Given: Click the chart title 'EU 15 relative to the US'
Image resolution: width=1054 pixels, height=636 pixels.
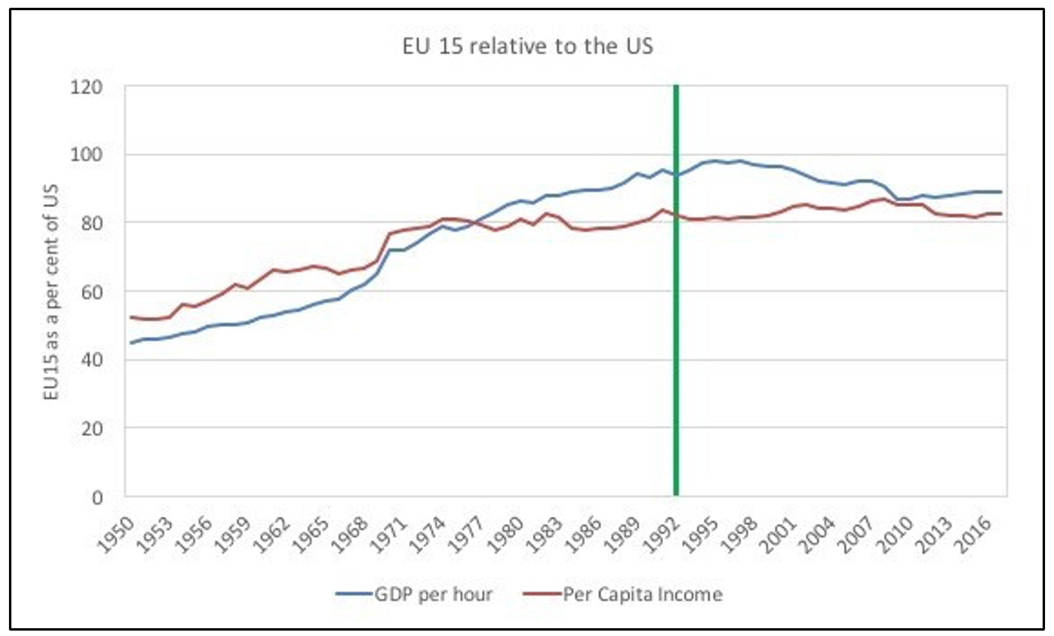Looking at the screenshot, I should tap(527, 47).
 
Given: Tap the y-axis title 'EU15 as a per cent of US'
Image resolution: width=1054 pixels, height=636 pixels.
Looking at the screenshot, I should tap(52, 292).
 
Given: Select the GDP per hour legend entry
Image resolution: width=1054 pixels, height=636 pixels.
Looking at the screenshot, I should tap(414, 594).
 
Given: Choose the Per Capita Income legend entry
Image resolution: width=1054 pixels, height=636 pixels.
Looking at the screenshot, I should tap(623, 594).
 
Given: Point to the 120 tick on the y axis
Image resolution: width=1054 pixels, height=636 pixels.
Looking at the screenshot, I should tap(86, 87).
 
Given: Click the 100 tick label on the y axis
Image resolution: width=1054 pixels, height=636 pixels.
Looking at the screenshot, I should tap(86, 155).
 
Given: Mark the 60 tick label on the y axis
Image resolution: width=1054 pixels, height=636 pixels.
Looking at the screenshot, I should tap(90, 292).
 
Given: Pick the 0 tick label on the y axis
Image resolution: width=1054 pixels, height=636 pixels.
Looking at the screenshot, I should tap(96, 497).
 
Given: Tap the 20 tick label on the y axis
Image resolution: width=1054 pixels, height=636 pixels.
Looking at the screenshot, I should tap(90, 429).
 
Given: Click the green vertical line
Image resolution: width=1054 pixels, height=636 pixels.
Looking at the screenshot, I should tap(676, 299).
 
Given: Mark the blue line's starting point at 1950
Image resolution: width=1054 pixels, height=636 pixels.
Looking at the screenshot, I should tap(131, 343).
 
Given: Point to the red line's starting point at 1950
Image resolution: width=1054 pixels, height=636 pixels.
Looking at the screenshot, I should tap(131, 317).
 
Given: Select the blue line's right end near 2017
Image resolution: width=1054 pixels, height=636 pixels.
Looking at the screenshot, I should tap(1001, 192).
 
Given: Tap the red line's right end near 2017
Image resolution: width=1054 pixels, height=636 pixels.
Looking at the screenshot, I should tap(1001, 214).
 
